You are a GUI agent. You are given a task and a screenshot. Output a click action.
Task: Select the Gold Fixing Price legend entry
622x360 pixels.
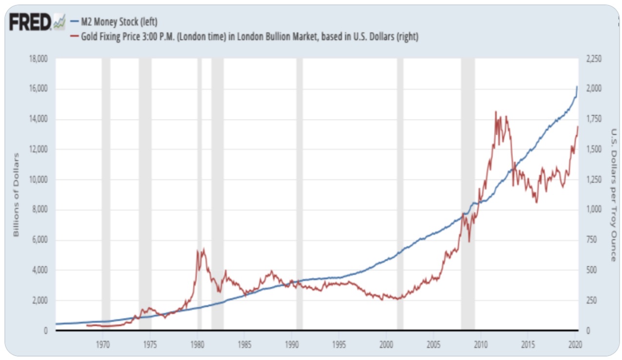244,37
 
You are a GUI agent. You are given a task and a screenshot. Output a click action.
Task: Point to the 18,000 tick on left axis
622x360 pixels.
38,59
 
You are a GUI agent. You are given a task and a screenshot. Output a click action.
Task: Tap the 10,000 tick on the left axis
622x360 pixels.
38,180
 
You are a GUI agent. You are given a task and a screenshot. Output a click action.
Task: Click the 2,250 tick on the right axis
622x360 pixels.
594,59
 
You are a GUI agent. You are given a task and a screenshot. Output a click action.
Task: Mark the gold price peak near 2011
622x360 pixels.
496,112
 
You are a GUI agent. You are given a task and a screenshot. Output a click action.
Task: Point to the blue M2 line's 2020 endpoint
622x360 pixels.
577,87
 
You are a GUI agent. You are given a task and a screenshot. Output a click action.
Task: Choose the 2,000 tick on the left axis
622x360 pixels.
39,300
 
